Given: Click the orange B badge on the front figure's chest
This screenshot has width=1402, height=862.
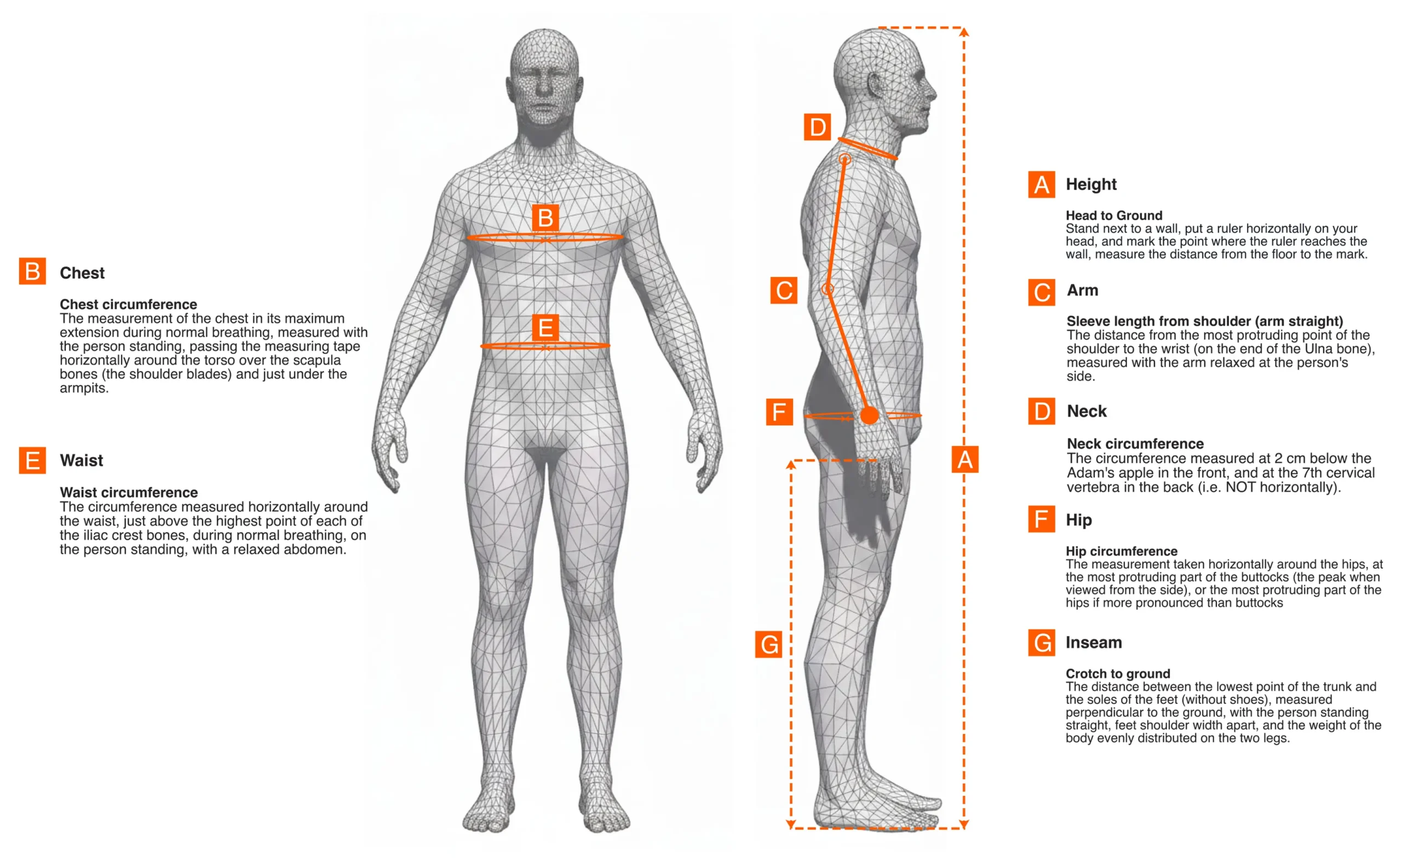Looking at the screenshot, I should pyautogui.click(x=545, y=218).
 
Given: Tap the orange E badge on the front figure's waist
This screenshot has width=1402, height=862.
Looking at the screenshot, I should pyautogui.click(x=545, y=328).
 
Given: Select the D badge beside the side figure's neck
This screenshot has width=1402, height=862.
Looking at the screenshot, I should pyautogui.click(x=817, y=126).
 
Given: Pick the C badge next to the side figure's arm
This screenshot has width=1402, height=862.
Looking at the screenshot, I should pyautogui.click(x=784, y=291).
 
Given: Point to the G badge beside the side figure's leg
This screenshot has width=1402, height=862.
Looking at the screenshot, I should pyautogui.click(x=768, y=644).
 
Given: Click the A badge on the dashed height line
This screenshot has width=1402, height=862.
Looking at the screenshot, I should pyautogui.click(x=965, y=460).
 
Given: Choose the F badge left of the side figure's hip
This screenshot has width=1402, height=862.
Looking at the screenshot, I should pyautogui.click(x=779, y=412).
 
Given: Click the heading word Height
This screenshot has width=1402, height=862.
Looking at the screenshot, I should pyautogui.click(x=1090, y=184).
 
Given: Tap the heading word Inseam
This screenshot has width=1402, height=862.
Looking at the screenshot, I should pyautogui.click(x=1094, y=643).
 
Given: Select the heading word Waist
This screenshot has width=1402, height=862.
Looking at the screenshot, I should pyautogui.click(x=82, y=460).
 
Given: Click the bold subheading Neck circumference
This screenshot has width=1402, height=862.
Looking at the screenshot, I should pyautogui.click(x=1135, y=443).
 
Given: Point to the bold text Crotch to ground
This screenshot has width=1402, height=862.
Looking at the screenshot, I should pyautogui.click(x=1117, y=673).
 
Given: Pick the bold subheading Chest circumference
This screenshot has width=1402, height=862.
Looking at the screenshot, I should pyautogui.click(x=128, y=304).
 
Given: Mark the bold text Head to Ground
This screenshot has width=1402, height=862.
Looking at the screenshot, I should pyautogui.click(x=1113, y=216).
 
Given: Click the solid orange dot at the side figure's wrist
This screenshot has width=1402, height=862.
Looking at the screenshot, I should pyautogui.click(x=869, y=415).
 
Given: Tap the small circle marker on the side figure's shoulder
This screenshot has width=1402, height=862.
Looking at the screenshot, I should pyautogui.click(x=845, y=159).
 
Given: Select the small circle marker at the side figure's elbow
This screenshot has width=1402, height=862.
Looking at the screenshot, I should pyautogui.click(x=828, y=289).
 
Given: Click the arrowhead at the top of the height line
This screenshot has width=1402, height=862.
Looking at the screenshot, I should pyautogui.click(x=964, y=32).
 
